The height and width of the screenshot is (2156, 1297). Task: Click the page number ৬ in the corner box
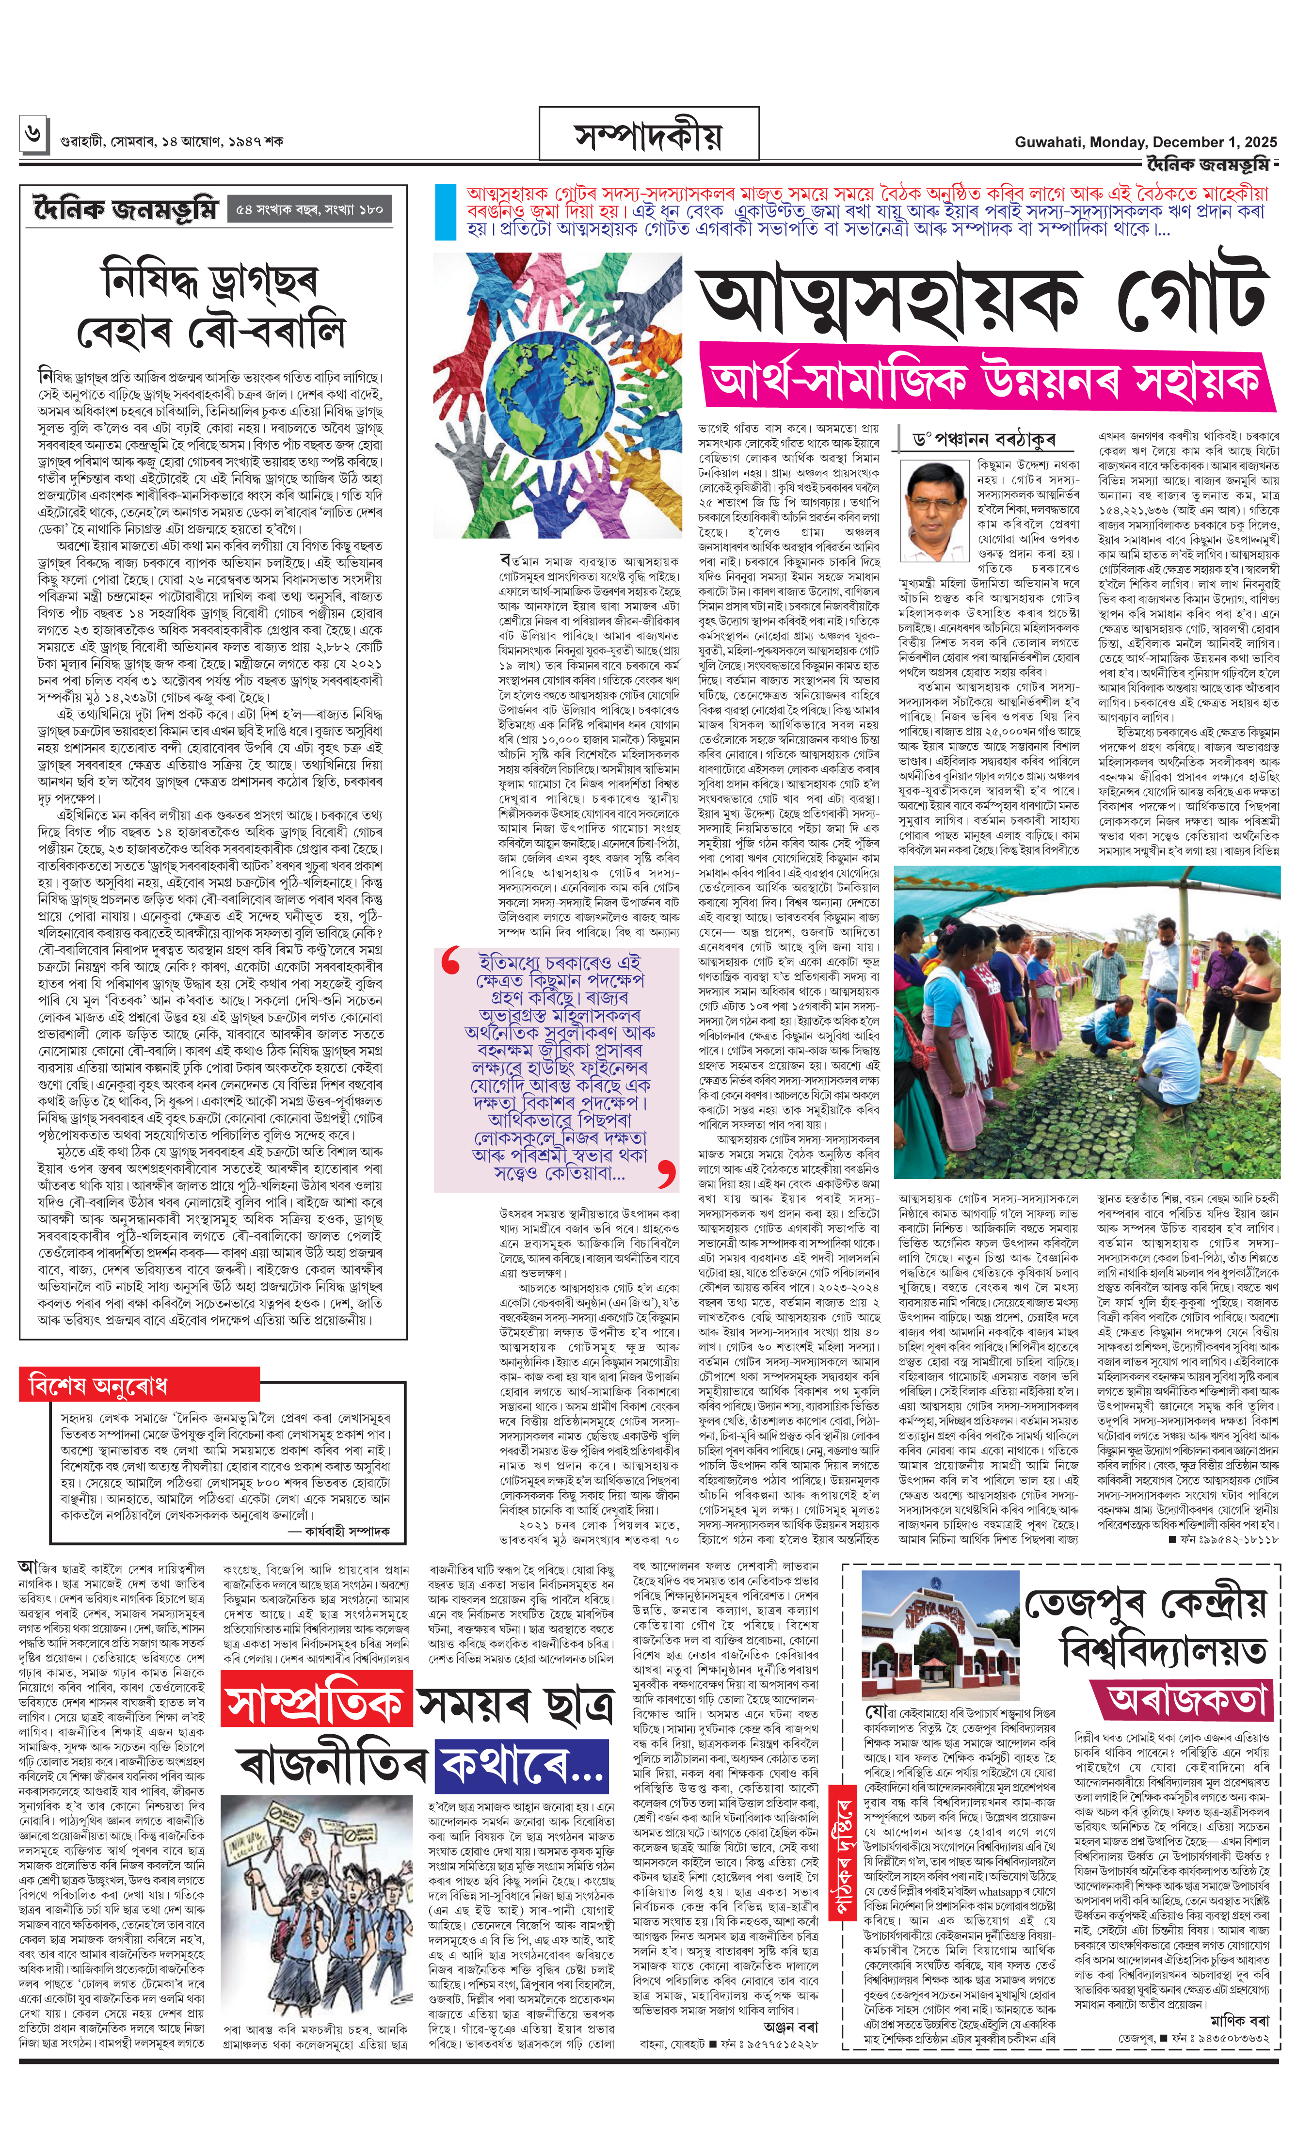click(x=32, y=134)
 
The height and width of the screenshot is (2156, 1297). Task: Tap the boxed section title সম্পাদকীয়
click(x=648, y=136)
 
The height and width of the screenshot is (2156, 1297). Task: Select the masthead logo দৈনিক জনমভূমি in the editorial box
click(x=125, y=210)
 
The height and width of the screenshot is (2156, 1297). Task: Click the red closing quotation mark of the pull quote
click(x=666, y=1174)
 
